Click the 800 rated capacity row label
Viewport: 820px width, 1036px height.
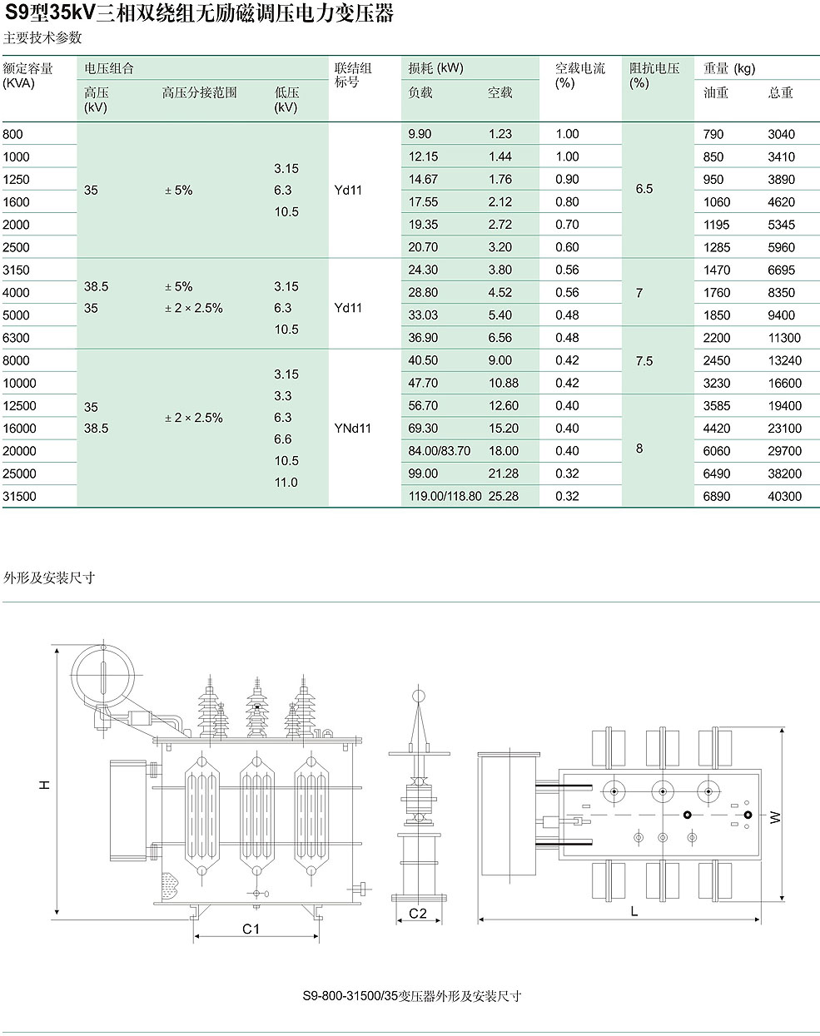point(12,134)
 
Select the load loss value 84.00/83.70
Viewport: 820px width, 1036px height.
point(439,451)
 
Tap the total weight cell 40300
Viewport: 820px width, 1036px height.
point(784,496)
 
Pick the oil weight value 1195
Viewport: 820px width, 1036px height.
point(716,225)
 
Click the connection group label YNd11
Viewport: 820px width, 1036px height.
point(353,429)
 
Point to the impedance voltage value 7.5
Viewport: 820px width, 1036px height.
point(644,361)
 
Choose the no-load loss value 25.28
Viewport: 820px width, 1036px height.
point(504,496)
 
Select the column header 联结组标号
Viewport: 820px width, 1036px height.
point(353,75)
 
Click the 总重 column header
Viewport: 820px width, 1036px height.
point(781,92)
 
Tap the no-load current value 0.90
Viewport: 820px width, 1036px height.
point(567,180)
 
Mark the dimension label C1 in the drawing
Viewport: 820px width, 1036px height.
point(251,929)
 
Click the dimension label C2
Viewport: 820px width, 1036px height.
point(418,914)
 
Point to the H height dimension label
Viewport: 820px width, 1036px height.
point(44,786)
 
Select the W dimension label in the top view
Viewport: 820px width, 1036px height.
point(775,817)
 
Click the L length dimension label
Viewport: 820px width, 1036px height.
point(634,911)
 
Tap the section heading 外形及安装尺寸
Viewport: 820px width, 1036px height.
point(49,577)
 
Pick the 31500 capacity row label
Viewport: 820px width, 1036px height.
point(19,496)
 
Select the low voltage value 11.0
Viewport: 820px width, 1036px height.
point(286,483)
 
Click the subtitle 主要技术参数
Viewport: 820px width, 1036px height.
point(42,37)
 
